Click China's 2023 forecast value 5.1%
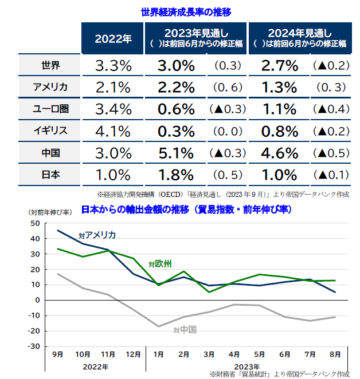[174, 153]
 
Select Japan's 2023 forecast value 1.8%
[174, 175]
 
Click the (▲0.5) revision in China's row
[331, 153]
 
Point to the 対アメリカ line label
[97, 235]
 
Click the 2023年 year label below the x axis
[247, 366]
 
